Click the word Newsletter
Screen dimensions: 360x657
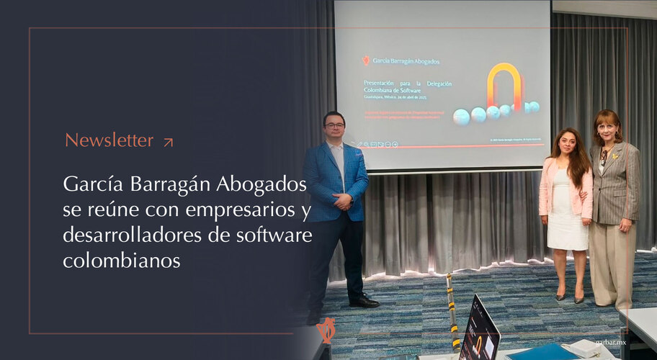tap(109, 140)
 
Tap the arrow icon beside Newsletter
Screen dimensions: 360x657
tap(168, 142)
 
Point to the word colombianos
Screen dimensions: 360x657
tap(121, 260)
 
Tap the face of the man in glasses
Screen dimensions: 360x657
tap(334, 126)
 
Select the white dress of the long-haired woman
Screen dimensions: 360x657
tap(567, 216)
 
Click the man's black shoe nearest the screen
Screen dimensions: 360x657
tap(364, 302)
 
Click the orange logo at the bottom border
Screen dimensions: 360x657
tap(326, 330)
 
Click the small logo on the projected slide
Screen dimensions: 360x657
tap(366, 60)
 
